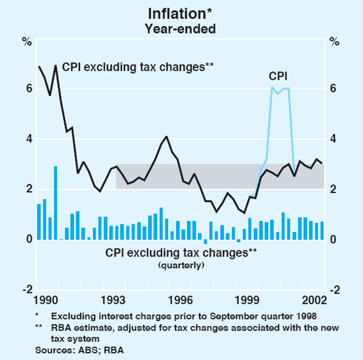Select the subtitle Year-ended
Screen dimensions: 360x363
[x=181, y=27]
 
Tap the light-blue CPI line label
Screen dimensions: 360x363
[x=278, y=76]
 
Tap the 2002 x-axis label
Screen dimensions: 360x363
[x=316, y=301]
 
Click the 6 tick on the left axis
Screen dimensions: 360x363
[x=28, y=88]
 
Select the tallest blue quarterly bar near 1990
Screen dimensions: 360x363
[x=55, y=203]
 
